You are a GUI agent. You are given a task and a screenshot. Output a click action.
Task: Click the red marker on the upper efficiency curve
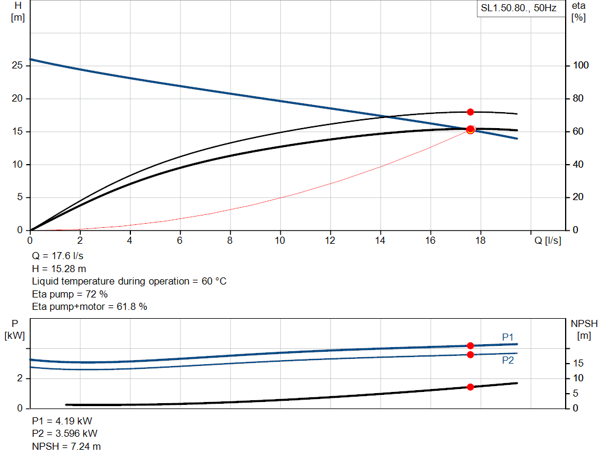(x=470, y=112)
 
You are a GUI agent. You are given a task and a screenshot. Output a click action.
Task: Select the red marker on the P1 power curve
(x=470, y=346)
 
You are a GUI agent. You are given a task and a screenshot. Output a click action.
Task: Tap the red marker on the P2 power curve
(x=470, y=355)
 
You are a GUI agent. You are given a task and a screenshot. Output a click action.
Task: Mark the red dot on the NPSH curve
(x=470, y=387)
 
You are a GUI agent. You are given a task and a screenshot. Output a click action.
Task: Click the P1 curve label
(x=508, y=337)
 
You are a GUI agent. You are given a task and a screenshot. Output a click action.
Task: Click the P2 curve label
(x=508, y=360)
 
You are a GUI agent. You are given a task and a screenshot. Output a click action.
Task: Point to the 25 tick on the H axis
(x=17, y=66)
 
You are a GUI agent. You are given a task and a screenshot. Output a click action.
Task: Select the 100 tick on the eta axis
(x=580, y=66)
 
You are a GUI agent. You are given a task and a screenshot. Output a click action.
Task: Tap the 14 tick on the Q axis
(x=380, y=240)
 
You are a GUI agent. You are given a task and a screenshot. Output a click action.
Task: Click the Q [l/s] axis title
(x=548, y=240)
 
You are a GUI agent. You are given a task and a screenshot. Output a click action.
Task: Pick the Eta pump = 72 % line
(x=70, y=294)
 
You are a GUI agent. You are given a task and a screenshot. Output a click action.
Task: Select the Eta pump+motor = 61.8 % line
(x=89, y=306)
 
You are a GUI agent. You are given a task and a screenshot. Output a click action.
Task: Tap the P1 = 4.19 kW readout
(x=62, y=421)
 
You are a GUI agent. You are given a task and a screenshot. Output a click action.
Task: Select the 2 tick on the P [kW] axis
(x=20, y=378)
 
